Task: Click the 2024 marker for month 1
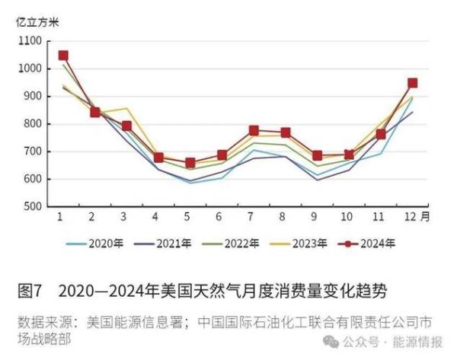(63, 56)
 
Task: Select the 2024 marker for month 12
(412, 83)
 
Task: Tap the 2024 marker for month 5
(190, 163)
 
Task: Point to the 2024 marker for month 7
(254, 131)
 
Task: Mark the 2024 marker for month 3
(126, 126)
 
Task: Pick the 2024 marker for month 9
(317, 155)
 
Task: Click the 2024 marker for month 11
(381, 135)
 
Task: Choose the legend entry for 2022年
(243, 244)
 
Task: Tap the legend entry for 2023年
(312, 244)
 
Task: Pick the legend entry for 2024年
(379, 244)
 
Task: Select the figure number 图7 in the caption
(28, 291)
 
